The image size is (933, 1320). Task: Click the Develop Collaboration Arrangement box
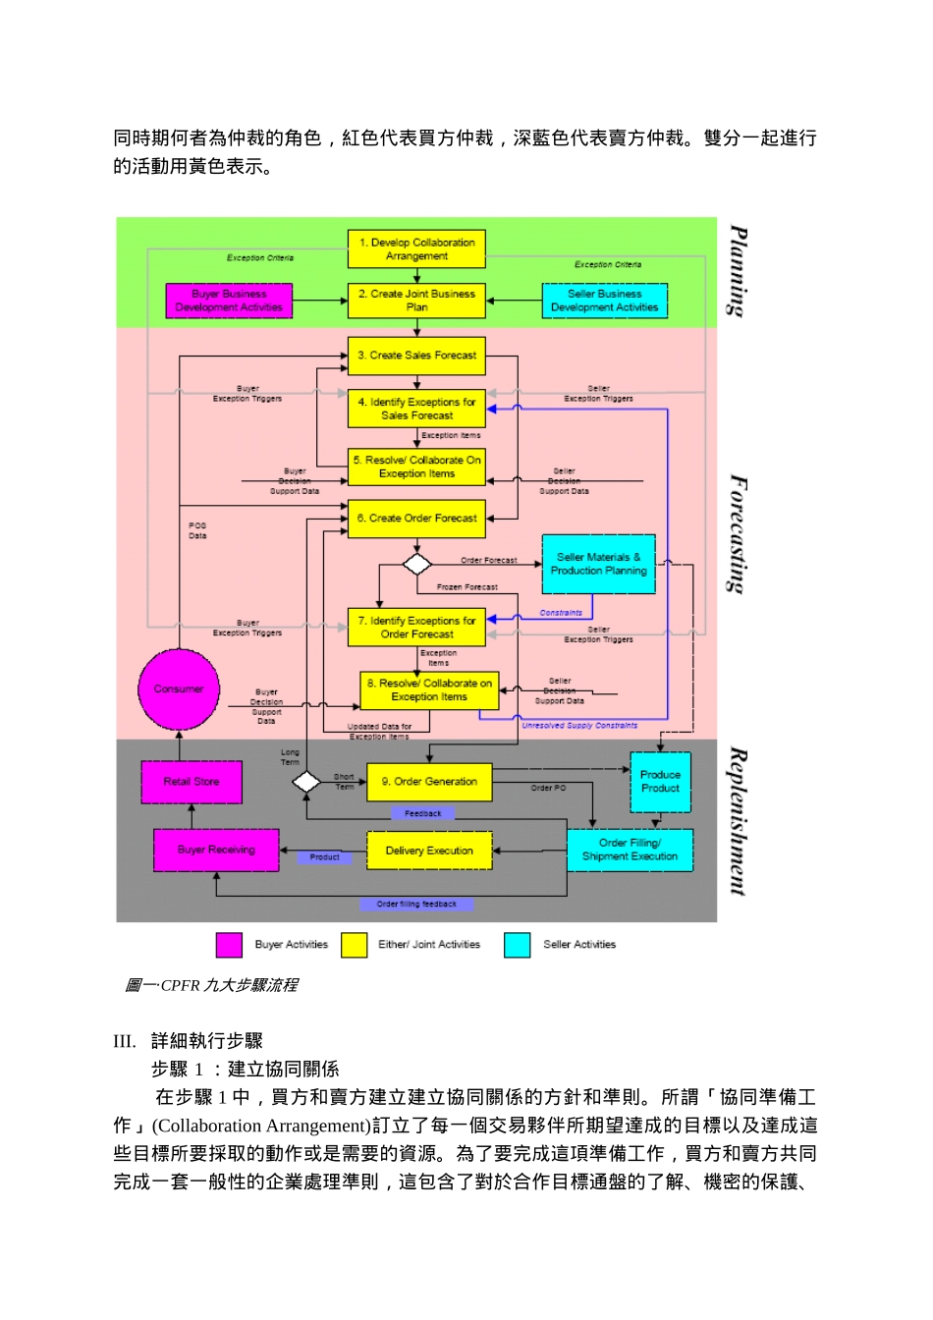point(416,249)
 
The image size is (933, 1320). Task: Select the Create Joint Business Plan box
point(416,301)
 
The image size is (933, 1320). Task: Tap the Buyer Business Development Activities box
point(229,301)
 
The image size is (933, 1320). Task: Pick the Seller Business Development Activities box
point(604,301)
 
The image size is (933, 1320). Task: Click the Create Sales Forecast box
point(416,356)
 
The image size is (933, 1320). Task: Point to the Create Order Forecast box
point(416,519)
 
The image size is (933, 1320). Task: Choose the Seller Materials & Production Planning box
point(598,564)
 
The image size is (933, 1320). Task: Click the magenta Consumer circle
point(179,689)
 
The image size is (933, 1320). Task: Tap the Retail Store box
point(192,782)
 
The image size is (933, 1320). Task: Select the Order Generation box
point(429,782)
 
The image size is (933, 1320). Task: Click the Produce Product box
point(660,782)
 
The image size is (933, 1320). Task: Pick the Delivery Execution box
point(429,851)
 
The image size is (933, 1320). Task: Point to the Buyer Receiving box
point(216,851)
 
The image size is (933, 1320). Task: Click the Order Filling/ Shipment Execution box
point(630,851)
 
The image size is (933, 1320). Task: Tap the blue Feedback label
point(423,814)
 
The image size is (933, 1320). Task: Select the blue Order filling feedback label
point(416,905)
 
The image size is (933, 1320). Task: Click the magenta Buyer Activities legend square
point(229,945)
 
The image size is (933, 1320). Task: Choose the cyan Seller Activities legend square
point(517,945)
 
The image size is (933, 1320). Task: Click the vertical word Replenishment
point(738,821)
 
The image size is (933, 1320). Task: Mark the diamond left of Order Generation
point(306,782)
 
